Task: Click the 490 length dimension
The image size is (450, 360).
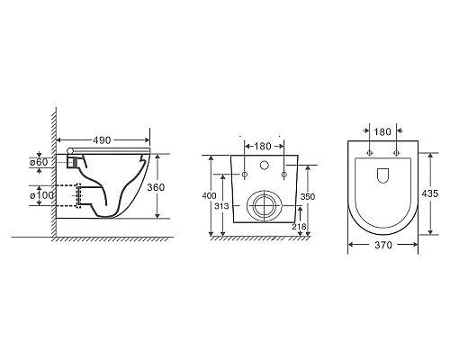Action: click(x=102, y=140)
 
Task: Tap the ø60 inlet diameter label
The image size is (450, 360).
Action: click(x=39, y=162)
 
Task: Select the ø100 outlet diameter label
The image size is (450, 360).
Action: click(x=41, y=195)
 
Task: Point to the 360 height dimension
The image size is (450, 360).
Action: click(x=156, y=187)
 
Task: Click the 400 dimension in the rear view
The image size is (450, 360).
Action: click(x=209, y=196)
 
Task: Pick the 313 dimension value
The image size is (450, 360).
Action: click(x=221, y=206)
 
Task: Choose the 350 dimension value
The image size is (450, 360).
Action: click(x=308, y=196)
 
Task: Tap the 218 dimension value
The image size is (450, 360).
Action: click(x=299, y=227)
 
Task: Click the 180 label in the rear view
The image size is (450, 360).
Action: click(x=263, y=146)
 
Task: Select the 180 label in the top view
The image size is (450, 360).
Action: click(x=382, y=131)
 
